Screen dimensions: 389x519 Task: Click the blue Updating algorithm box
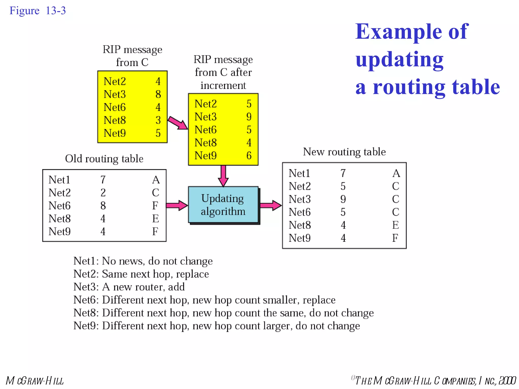[x=223, y=205]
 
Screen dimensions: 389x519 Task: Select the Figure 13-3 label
[x=38, y=11]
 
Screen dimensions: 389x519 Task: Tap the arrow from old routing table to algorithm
[x=177, y=205]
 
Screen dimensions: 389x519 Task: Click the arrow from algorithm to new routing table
[x=270, y=205]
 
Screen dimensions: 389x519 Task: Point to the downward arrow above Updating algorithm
[x=223, y=176]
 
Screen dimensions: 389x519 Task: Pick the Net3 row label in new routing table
[x=300, y=199]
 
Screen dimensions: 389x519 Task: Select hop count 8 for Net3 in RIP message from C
[x=158, y=94]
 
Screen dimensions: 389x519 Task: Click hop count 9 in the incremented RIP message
[x=249, y=117]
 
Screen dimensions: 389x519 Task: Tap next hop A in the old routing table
[x=156, y=180]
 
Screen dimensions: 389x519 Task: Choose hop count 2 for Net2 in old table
[x=103, y=193]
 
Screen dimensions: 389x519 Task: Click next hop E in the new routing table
[x=395, y=225]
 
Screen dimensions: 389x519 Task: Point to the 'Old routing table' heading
[x=104, y=159]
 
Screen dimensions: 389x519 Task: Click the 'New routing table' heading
[x=344, y=152]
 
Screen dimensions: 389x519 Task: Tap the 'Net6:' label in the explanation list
[x=86, y=300]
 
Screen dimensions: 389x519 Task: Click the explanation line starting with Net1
[x=143, y=261]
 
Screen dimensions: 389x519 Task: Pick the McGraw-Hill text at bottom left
[x=35, y=381]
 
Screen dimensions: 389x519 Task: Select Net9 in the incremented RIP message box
[x=206, y=156]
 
